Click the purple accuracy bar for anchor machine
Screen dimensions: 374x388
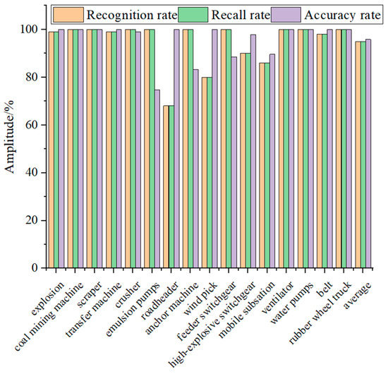[x=195, y=169]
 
